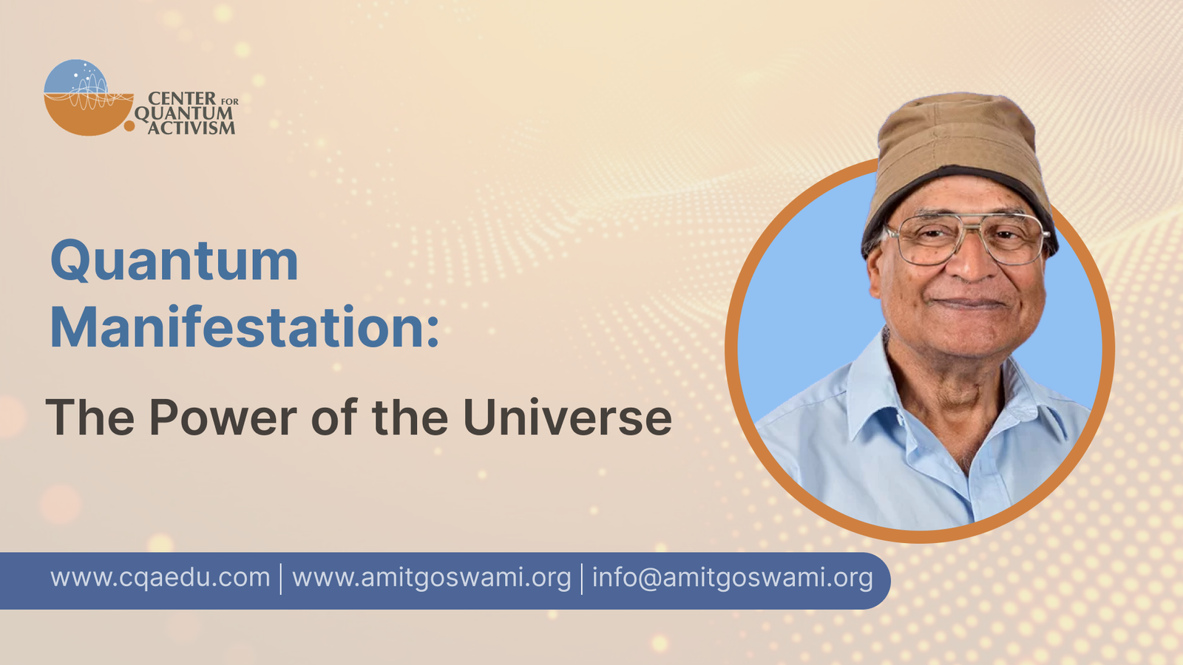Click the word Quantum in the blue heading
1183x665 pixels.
click(174, 262)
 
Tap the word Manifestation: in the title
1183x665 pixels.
click(245, 327)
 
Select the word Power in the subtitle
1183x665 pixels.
click(223, 417)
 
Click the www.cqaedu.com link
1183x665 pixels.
click(160, 577)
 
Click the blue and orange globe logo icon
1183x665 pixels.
click(89, 98)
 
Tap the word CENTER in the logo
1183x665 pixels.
click(182, 99)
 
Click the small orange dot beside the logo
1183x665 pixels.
click(129, 126)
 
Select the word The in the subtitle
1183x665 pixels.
click(89, 417)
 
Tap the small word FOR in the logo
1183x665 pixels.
click(229, 101)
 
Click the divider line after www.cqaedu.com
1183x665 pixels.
click(281, 579)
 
